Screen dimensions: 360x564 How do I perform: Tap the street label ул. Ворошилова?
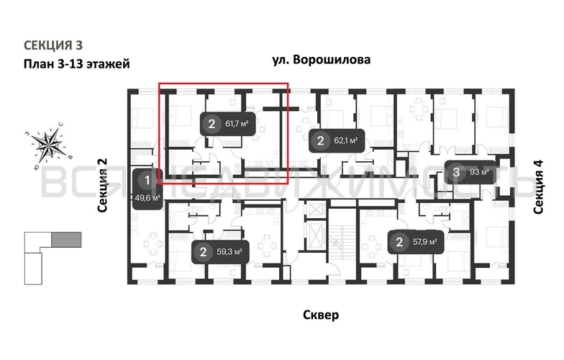[322, 60]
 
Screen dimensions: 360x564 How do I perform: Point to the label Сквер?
[321, 315]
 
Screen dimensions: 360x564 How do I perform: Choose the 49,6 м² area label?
[147, 197]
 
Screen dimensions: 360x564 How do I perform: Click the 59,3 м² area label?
[229, 252]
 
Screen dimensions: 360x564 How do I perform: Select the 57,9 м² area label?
[429, 242]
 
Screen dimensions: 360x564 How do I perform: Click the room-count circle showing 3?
[458, 172]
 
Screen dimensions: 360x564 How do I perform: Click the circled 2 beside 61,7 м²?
[211, 124]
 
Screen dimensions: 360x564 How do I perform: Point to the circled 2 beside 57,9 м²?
[399, 242]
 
